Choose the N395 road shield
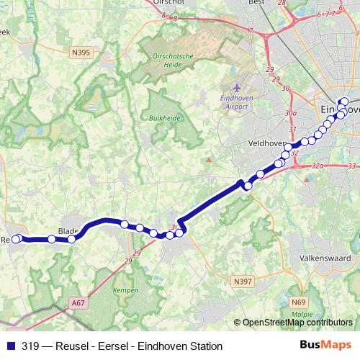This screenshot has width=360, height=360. point(81,52)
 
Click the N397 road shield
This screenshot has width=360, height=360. point(243,281)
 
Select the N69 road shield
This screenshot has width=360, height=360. point(300,303)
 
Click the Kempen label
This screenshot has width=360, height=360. point(125,290)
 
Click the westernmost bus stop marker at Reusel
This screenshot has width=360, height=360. point(16,238)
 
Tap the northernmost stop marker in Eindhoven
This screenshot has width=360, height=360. point(344,102)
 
